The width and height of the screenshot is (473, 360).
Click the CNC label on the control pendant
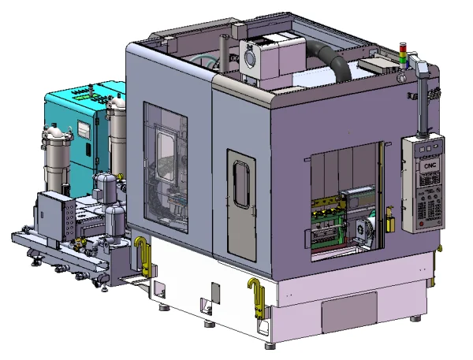click(x=430, y=166)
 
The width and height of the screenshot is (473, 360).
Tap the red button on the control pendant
click(x=422, y=224)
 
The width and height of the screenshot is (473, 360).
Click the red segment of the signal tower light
click(x=403, y=48)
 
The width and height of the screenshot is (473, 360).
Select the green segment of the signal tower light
click(x=403, y=60)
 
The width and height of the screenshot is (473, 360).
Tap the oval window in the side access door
click(x=241, y=184)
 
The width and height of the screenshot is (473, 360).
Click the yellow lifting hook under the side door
click(x=256, y=298)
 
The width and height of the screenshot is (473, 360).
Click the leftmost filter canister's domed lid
click(x=56, y=133)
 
